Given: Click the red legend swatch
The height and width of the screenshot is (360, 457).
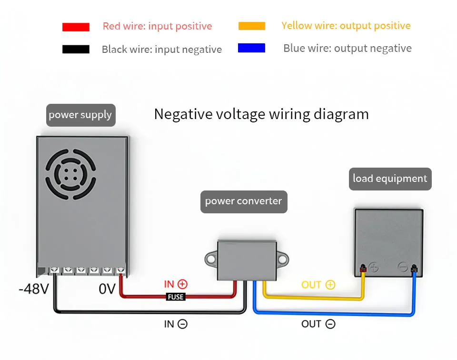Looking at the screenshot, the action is (x=76, y=27).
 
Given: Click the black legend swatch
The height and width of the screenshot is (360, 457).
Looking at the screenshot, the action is (x=76, y=49).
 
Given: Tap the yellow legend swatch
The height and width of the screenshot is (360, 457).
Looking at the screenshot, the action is (x=252, y=26).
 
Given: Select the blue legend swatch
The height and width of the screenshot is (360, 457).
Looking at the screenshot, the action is (x=251, y=48).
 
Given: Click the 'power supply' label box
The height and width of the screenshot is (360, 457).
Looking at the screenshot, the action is (x=81, y=115).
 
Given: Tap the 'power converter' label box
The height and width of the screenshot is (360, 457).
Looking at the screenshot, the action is (x=244, y=202).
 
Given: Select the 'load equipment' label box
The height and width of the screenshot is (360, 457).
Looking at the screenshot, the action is (x=390, y=179).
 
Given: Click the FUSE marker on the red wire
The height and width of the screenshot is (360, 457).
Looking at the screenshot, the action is (x=176, y=297).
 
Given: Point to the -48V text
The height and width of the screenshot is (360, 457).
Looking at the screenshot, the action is (x=34, y=289).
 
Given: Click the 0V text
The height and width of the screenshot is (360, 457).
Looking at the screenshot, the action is (x=107, y=289).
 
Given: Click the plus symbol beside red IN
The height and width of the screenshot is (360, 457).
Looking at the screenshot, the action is (x=182, y=284).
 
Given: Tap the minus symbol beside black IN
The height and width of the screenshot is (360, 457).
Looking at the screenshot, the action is (x=182, y=324).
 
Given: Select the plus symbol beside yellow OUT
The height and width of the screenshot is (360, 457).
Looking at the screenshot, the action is (x=330, y=284).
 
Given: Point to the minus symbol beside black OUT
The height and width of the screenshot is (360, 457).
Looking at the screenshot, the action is (x=330, y=324).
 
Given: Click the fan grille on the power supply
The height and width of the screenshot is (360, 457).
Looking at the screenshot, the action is (x=70, y=174).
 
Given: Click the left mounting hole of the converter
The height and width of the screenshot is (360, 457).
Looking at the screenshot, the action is (x=211, y=259).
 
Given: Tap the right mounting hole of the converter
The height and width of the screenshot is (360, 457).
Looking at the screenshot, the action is (x=282, y=259).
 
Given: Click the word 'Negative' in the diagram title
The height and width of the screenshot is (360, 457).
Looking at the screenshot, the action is (x=183, y=114).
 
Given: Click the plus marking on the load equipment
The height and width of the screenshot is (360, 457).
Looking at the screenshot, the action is (x=374, y=267).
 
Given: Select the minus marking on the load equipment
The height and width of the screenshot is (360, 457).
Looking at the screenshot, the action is (x=403, y=267).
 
